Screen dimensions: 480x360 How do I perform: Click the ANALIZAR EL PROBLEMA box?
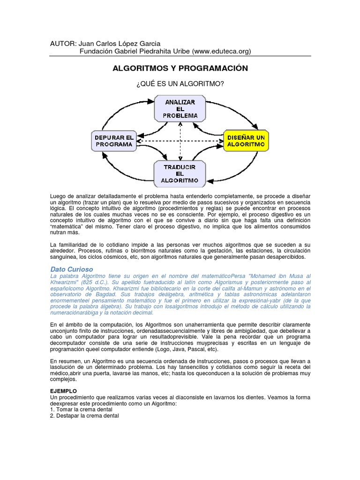pos(180,108)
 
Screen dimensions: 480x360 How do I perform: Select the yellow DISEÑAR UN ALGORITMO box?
pos(246,141)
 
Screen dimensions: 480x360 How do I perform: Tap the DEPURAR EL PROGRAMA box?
pos(114,141)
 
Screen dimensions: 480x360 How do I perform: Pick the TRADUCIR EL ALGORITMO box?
pos(180,173)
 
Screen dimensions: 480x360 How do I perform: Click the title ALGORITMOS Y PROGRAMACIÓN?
pos(180,68)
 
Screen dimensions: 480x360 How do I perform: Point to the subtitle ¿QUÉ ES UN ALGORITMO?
pos(180,83)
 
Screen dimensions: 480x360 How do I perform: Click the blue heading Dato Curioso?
pos(71,269)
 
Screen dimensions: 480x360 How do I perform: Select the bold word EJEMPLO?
pos(63,390)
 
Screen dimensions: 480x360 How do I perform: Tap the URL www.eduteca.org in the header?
pos(221,51)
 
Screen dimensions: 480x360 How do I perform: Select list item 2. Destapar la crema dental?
pos(84,415)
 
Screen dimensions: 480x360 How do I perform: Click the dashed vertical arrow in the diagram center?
pos(180,141)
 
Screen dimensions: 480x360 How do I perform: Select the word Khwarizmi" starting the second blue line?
pos(64,283)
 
